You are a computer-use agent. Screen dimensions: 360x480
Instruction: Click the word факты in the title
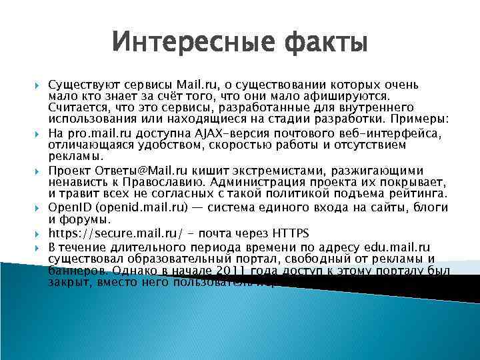click(326, 43)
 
